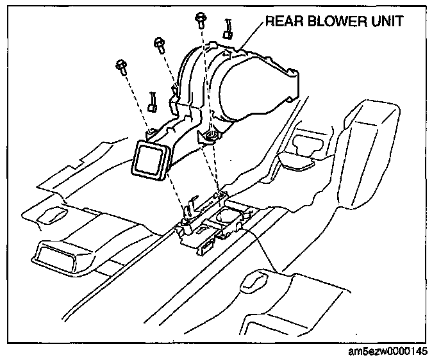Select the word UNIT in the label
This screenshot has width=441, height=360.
coord(385,22)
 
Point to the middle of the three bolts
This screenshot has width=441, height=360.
coord(158,44)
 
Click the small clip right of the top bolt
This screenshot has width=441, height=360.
coord(228,29)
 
